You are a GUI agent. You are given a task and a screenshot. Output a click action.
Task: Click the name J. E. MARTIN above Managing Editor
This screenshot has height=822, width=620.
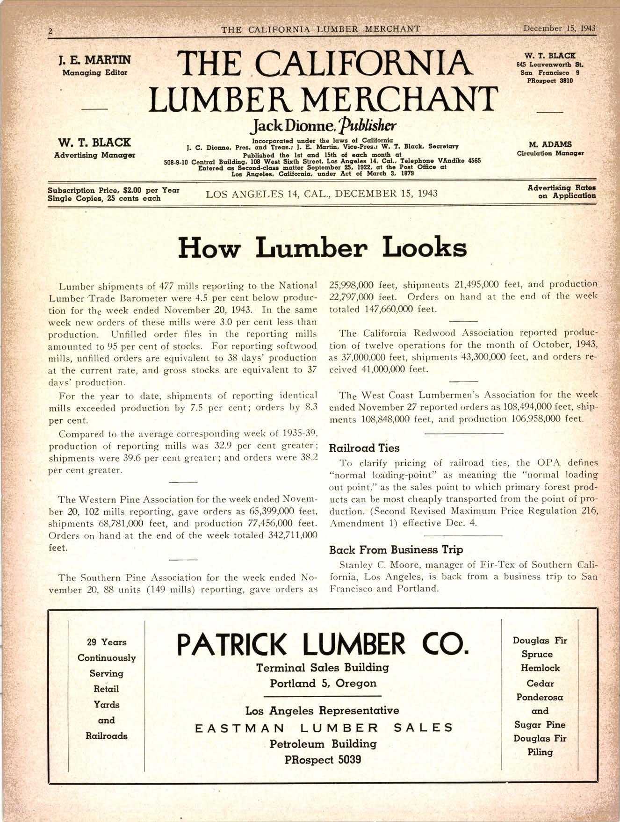(94, 60)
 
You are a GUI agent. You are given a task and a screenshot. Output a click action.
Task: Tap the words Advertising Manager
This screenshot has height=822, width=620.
(94, 155)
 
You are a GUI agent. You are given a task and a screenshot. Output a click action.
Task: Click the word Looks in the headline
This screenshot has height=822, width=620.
(425, 247)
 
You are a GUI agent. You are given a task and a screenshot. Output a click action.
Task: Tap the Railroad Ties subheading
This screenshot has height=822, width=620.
(364, 448)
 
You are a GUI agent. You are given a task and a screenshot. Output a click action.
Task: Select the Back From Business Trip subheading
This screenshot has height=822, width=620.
(396, 549)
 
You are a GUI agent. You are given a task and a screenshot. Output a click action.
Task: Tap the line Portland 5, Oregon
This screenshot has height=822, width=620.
(323, 683)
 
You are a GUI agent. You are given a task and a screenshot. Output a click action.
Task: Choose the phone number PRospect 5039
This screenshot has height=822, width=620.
(323, 759)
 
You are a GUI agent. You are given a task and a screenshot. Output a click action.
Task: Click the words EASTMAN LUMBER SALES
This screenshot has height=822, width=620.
(324, 728)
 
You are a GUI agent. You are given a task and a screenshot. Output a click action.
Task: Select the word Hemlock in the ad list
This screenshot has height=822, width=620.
(540, 668)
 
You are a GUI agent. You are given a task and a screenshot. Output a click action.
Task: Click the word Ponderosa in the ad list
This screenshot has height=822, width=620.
(540, 697)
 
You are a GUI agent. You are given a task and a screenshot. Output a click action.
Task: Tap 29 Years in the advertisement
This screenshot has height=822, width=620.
(107, 642)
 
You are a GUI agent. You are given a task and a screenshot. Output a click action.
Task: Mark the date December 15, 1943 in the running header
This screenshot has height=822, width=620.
(559, 28)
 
